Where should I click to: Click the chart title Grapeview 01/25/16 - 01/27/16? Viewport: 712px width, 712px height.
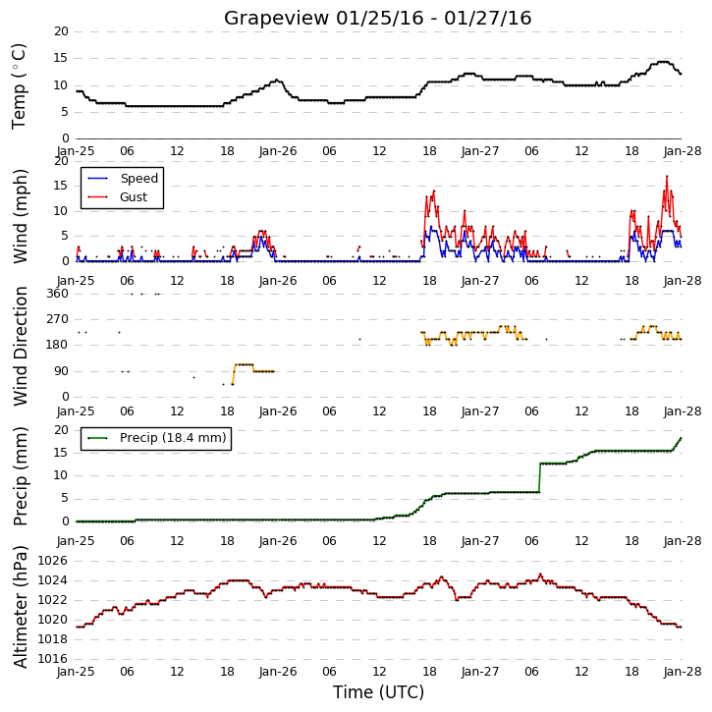click(377, 18)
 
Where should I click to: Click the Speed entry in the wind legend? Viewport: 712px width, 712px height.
click(123, 179)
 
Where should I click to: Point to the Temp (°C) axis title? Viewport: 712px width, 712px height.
click(19, 86)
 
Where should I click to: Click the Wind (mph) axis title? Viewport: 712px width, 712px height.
click(20, 216)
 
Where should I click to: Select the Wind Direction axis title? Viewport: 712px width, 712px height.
click(20, 346)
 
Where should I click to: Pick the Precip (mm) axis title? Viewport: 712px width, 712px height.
click(20, 476)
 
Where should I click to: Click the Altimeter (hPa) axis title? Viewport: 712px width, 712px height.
click(20, 607)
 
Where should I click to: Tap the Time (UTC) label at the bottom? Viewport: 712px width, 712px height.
click(378, 692)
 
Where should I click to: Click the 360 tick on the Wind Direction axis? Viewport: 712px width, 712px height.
click(57, 294)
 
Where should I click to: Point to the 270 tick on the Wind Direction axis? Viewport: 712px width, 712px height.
click(57, 319)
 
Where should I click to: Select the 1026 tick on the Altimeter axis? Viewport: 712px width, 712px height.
click(52, 561)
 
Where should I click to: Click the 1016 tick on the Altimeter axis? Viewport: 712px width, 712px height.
click(52, 659)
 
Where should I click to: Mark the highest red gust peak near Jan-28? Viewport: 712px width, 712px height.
click(667, 176)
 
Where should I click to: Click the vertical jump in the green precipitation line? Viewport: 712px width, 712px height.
click(539, 477)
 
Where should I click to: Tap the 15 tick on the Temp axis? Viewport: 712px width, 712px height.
click(61, 58)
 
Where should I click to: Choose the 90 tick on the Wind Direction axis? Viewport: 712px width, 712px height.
click(61, 371)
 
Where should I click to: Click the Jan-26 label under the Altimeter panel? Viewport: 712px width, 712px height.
click(278, 672)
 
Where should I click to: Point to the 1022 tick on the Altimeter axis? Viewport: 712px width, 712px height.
click(52, 600)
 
